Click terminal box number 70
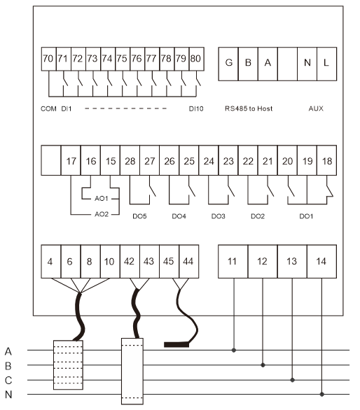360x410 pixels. coord(49,59)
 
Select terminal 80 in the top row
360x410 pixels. coord(196,59)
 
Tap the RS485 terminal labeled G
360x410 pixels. coord(228,64)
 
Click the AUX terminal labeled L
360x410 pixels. coord(327,64)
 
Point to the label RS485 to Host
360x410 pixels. coord(249,108)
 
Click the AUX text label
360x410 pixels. coord(316,108)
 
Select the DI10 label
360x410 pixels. coord(196,108)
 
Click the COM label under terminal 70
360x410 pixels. coord(48,108)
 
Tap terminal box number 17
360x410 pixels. coord(71,160)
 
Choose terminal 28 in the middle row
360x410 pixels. coord(130,160)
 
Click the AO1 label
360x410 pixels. coord(102,199)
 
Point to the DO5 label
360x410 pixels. coord(139,216)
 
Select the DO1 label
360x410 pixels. coord(306,216)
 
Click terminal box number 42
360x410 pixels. coord(130,262)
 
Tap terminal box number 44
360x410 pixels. coord(189,262)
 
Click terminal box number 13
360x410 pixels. coord(292,262)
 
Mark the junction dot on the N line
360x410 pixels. coord(322,394)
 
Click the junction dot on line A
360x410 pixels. coord(234,350)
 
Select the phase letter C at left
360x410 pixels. coord(8,380)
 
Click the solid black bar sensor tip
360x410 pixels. coord(176,345)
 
